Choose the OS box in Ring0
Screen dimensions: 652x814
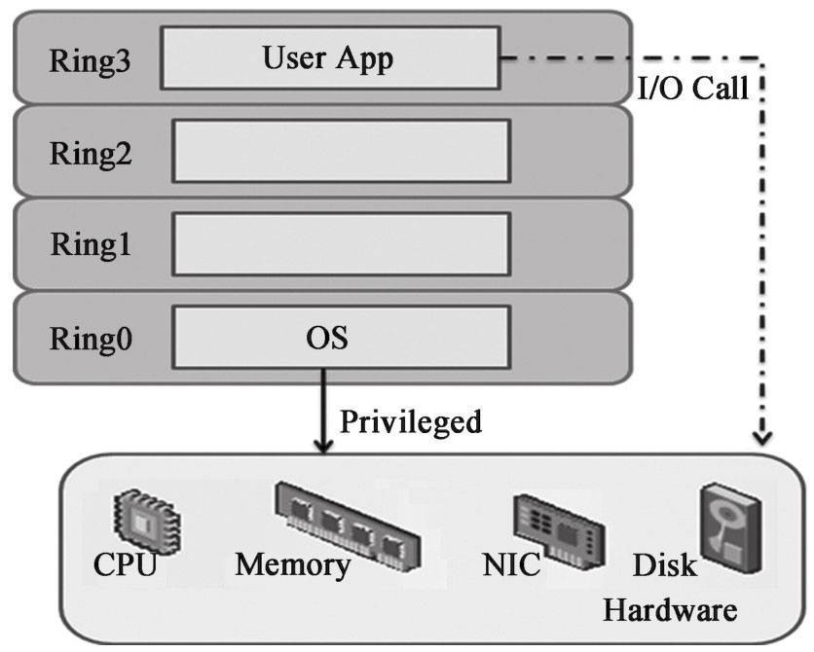click(341, 338)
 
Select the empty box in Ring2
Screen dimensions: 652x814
click(341, 151)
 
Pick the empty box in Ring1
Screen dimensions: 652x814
click(341, 243)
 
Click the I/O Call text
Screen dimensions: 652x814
click(692, 89)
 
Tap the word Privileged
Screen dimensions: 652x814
click(410, 421)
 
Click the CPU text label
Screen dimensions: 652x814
click(125, 564)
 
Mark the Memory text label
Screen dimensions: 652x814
click(292, 564)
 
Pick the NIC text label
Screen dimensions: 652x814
click(510, 564)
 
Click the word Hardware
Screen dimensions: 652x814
click(668, 611)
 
